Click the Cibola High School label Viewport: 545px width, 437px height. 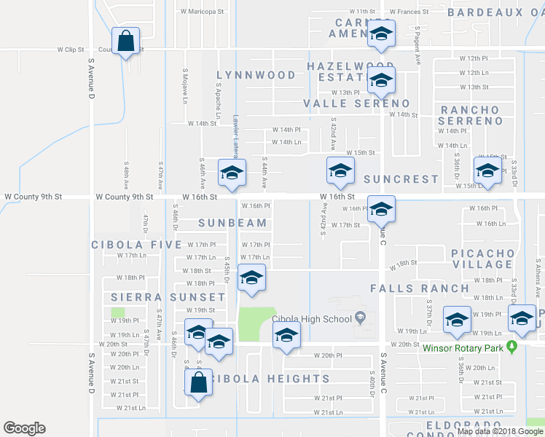coord(312,318)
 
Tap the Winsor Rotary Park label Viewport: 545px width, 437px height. coord(463,347)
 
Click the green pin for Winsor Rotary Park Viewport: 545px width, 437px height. coord(511,347)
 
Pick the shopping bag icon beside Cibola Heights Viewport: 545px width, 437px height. coord(198,382)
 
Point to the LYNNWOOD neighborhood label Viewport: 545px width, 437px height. coord(256,75)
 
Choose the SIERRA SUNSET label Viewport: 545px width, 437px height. coord(168,297)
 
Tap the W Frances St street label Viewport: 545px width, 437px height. coord(409,12)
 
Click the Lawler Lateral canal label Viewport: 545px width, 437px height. coord(236,136)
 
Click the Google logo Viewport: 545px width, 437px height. coord(25,428)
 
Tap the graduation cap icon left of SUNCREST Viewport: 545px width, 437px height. coord(340,172)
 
